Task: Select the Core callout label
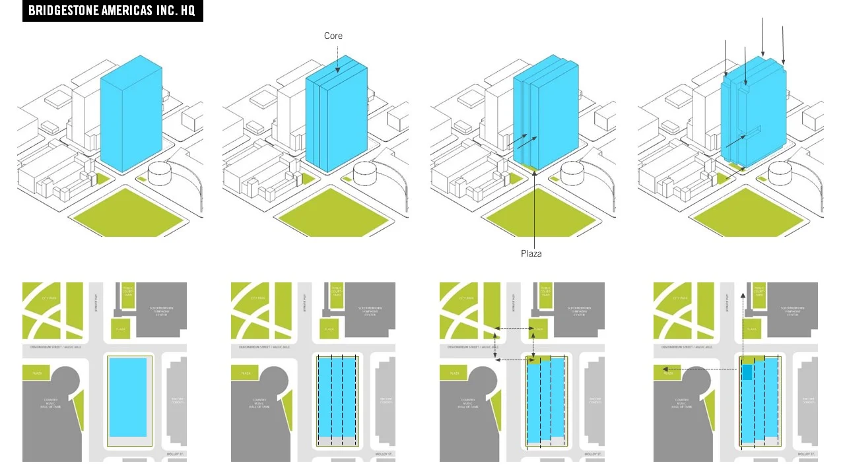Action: point(333,36)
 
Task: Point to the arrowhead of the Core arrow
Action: point(337,71)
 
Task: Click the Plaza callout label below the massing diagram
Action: point(531,253)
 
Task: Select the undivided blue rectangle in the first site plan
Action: point(128,396)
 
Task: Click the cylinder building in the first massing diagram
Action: point(161,174)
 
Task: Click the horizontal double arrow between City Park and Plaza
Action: point(514,328)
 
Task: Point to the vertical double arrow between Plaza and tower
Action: point(533,343)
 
